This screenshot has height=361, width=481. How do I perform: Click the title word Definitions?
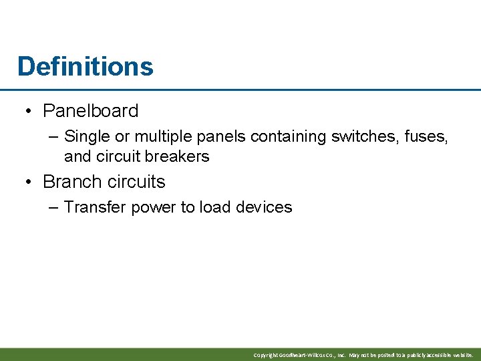pos(86,66)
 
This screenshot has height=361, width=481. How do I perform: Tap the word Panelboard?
pos(90,110)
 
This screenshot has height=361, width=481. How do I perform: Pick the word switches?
pos(368,136)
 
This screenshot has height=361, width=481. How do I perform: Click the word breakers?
pos(178,156)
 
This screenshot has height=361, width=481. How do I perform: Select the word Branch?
pos(70,181)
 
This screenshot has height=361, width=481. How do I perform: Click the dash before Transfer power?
pos(54,207)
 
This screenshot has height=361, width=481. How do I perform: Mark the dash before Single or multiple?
pos(54,136)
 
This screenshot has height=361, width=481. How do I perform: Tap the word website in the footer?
pos(460,355)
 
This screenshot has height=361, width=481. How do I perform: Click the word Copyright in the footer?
pos(265,355)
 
